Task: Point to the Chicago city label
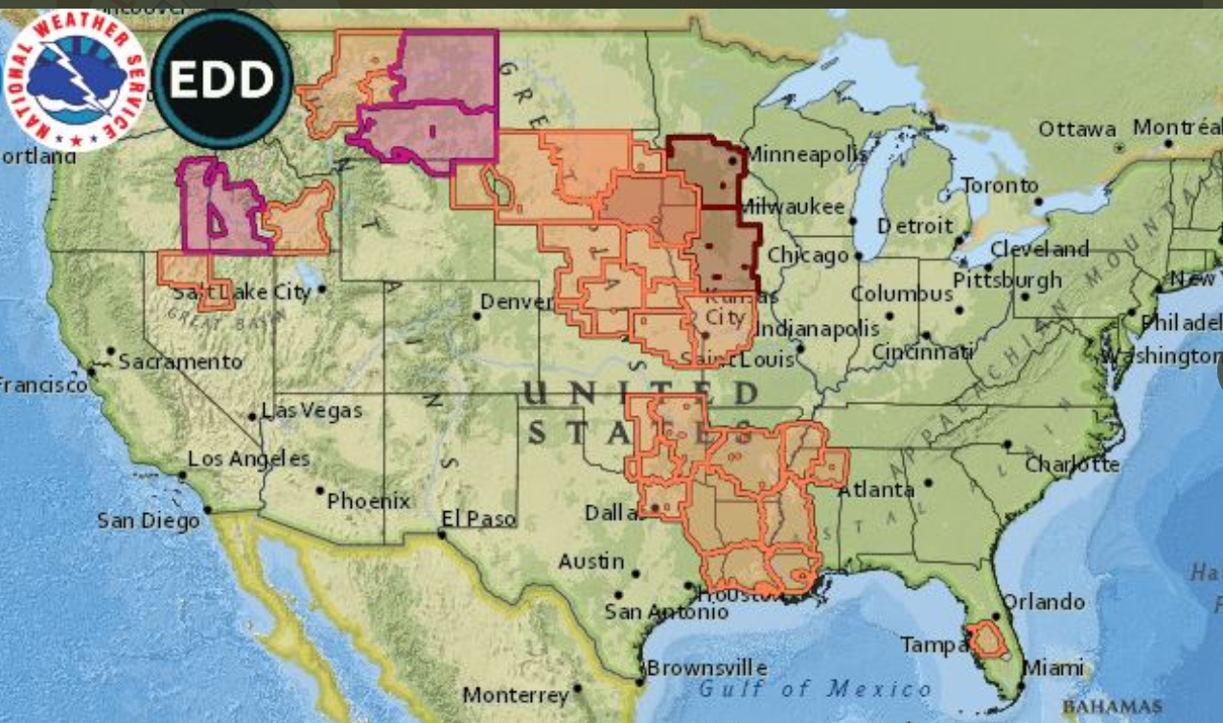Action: (x=807, y=255)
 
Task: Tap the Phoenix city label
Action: (x=368, y=501)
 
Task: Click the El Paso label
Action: (x=477, y=519)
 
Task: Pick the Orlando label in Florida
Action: (x=1043, y=602)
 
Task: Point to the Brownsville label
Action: (x=706, y=667)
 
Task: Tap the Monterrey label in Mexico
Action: (x=516, y=694)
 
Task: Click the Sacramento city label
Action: (x=180, y=361)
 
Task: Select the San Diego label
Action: (x=148, y=521)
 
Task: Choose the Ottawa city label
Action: (x=1077, y=128)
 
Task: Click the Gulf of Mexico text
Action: (x=815, y=688)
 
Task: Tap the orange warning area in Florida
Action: (x=986, y=640)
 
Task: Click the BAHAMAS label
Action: (x=1112, y=707)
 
